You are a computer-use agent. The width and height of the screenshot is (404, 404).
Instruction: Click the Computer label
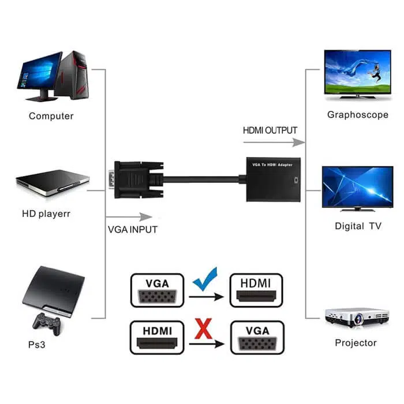(x=51, y=116)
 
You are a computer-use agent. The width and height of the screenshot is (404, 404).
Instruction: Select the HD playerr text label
(x=46, y=214)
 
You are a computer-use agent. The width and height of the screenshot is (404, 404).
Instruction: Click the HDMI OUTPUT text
(x=270, y=130)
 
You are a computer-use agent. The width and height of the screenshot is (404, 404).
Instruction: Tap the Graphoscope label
(x=358, y=115)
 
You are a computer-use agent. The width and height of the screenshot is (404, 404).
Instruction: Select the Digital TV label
(x=358, y=226)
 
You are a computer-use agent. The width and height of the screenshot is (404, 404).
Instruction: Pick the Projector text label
(x=356, y=343)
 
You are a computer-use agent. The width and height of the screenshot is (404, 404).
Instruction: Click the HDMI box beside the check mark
(x=257, y=290)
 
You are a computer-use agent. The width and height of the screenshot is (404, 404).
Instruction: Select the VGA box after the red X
(x=257, y=338)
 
